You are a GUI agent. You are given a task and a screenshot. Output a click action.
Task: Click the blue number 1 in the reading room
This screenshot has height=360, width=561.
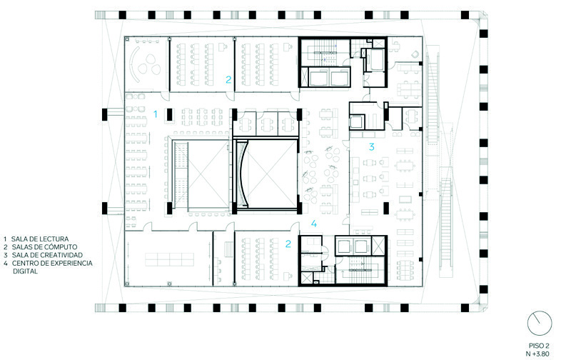(156, 114)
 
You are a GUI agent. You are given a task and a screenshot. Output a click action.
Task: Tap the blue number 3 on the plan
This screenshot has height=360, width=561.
(372, 146)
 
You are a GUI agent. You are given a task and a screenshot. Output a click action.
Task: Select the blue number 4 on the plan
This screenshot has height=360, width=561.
(314, 224)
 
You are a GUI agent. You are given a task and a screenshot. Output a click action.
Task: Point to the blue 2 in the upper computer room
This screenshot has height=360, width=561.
(228, 79)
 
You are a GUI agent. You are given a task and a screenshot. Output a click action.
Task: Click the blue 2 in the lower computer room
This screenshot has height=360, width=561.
(288, 244)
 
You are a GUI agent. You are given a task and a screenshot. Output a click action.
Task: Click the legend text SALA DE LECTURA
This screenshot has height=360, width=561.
(40, 239)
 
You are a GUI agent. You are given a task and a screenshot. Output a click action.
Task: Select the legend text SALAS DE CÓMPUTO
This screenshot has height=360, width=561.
(44, 247)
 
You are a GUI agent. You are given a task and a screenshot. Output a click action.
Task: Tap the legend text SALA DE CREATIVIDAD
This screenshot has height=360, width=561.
(47, 256)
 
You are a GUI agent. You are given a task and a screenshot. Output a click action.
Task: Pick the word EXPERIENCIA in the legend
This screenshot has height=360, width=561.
(71, 264)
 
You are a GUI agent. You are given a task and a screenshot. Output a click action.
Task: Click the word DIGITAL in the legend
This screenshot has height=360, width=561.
(25, 271)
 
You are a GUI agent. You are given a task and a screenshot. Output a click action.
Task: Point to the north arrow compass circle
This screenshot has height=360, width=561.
(540, 324)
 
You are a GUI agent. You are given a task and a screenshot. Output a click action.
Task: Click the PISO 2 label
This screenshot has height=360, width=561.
(539, 346)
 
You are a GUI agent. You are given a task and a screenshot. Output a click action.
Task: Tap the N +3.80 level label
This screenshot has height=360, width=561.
(537, 354)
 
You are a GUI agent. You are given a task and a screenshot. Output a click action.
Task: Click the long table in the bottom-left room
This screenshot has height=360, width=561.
(169, 260)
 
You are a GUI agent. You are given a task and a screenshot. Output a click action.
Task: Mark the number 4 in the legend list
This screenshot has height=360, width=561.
(6, 264)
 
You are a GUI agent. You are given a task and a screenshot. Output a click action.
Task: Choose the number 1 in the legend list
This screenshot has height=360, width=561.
(5, 239)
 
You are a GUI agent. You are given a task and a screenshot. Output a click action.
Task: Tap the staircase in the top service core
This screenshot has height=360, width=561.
(325, 54)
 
